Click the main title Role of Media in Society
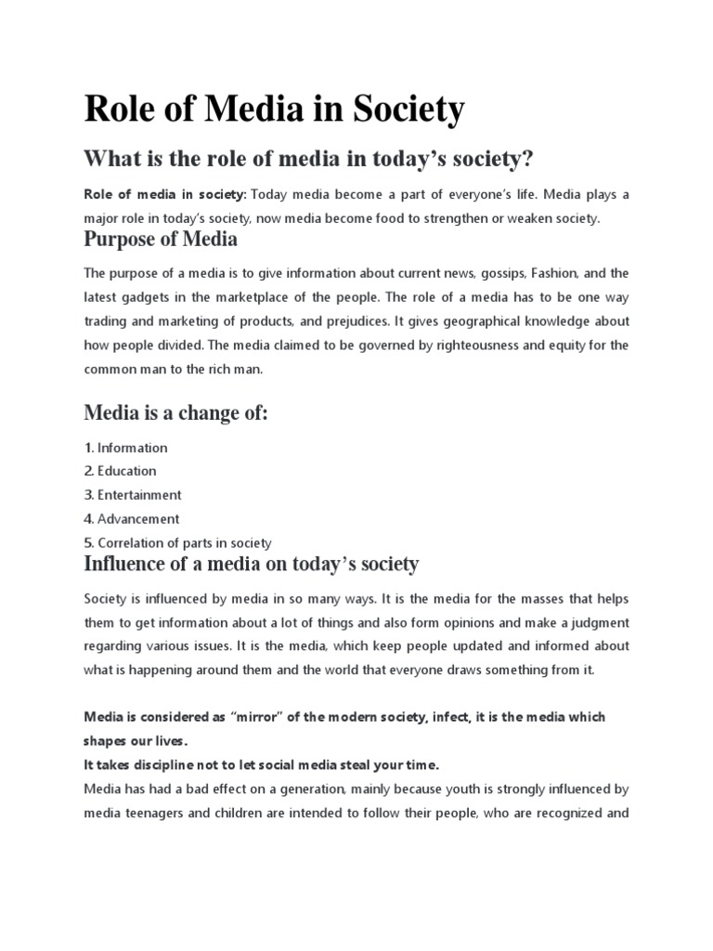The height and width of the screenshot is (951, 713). (x=274, y=111)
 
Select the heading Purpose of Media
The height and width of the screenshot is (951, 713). (x=161, y=240)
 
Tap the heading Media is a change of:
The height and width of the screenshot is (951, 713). (x=175, y=412)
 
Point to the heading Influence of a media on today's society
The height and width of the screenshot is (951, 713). (x=252, y=564)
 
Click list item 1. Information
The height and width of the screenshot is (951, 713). (x=125, y=448)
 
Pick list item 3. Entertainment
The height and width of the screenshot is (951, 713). (x=132, y=495)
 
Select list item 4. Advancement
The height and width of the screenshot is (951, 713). (x=131, y=519)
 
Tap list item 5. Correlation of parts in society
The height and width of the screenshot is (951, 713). (x=177, y=543)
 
